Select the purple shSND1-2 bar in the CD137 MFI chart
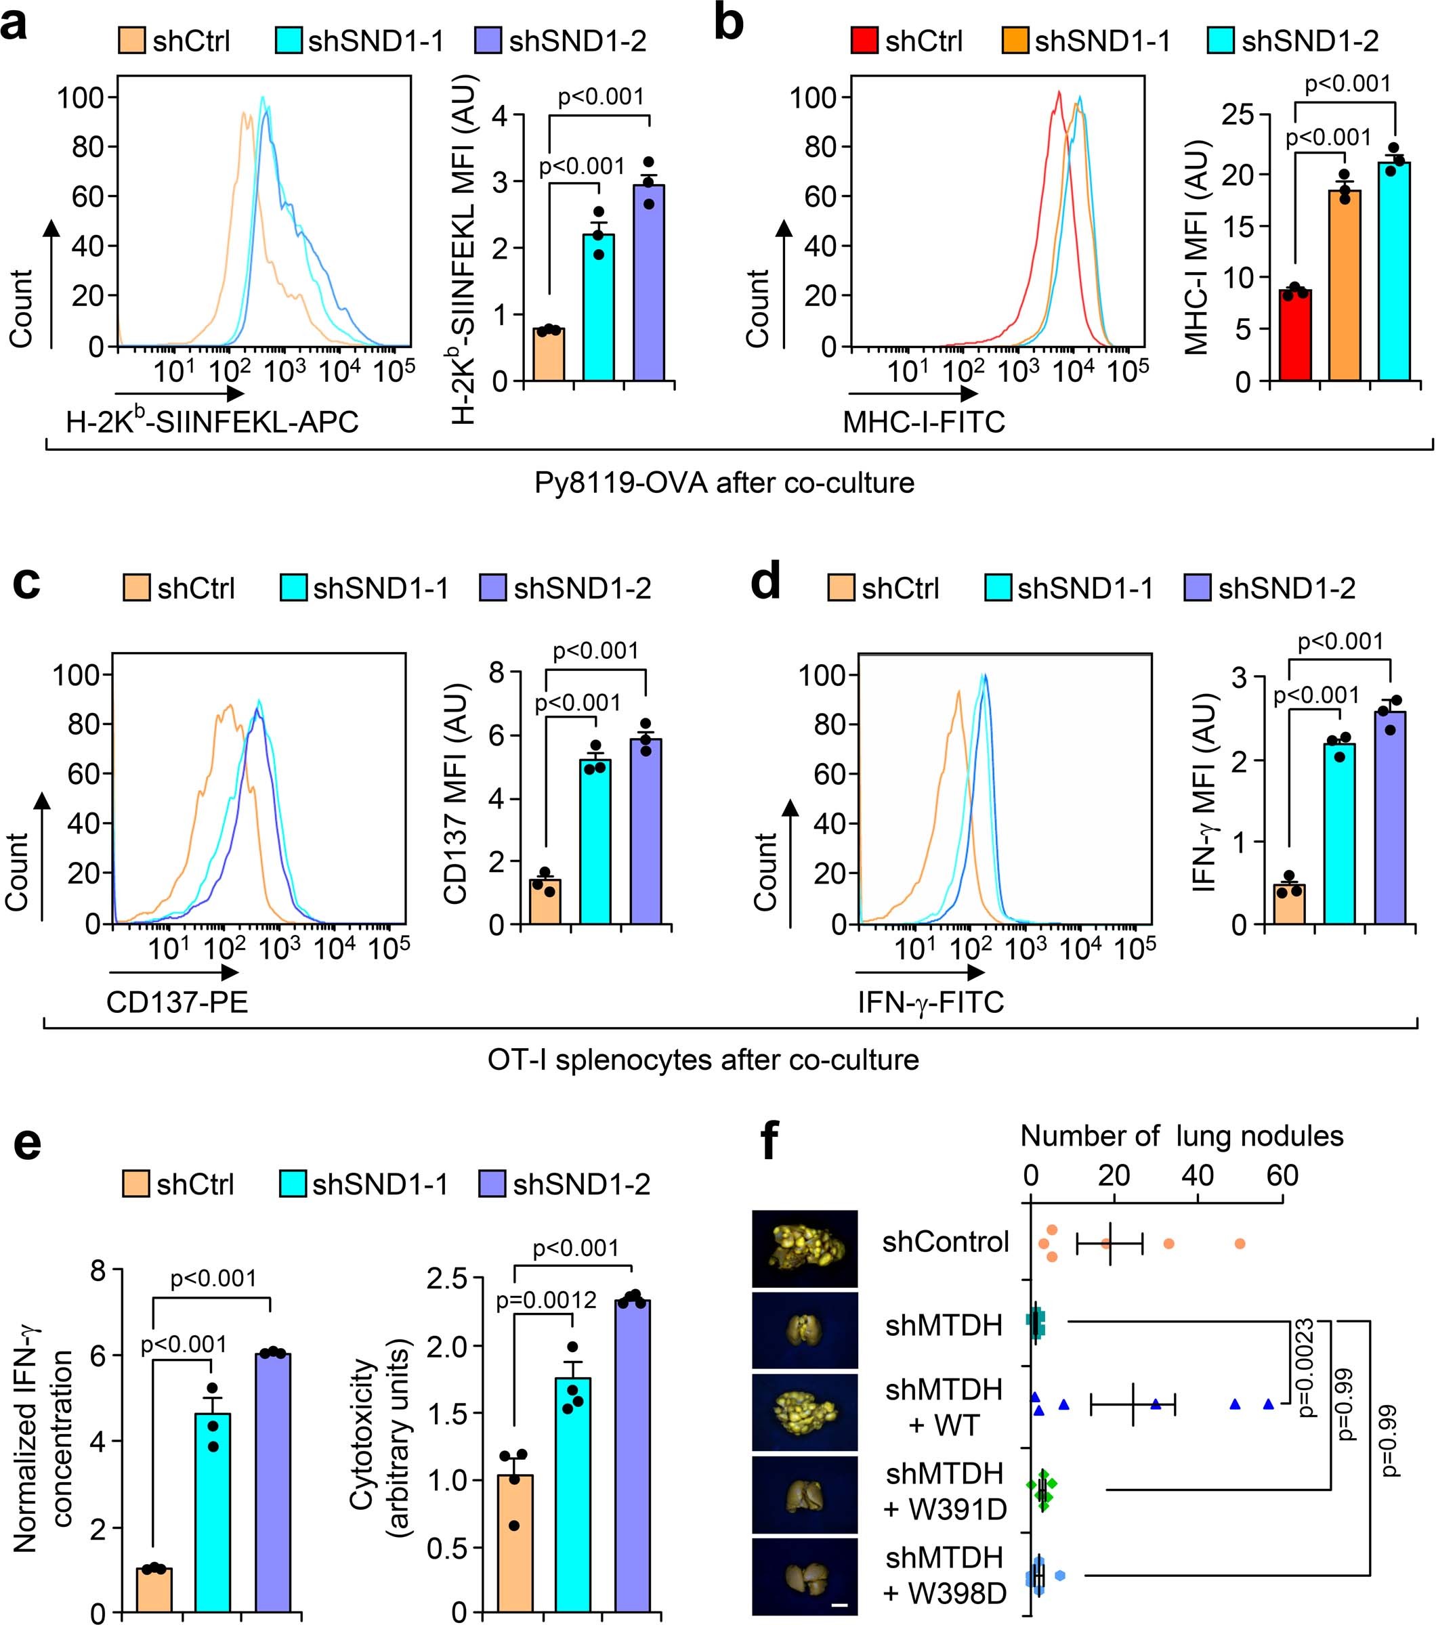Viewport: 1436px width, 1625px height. (x=646, y=831)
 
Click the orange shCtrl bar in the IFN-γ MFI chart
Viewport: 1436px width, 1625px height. (x=1289, y=904)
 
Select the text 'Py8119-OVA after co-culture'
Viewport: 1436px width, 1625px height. (x=723, y=483)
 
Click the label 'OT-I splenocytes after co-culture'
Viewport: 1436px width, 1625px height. (x=703, y=1060)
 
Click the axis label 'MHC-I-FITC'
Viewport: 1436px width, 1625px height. (x=924, y=421)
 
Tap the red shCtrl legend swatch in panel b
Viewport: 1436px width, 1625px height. (x=864, y=40)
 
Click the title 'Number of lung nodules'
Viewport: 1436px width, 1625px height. (x=1181, y=1135)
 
